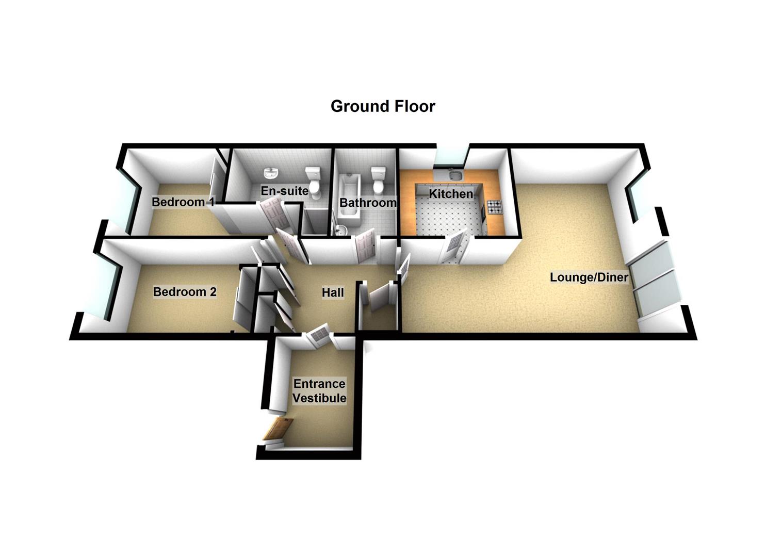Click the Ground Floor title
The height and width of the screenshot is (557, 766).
[x=383, y=106]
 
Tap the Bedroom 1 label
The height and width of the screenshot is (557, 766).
[x=183, y=202]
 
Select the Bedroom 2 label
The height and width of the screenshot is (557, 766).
[x=185, y=292]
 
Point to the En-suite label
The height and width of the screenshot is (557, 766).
[x=285, y=190]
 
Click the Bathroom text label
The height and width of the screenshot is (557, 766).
[x=368, y=202]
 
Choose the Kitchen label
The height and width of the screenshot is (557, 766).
[x=451, y=194]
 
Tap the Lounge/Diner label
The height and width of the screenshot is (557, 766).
[x=589, y=277]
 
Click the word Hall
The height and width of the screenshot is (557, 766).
[x=333, y=292]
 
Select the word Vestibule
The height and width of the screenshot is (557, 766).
[x=319, y=398]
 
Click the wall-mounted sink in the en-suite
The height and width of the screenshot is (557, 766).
[x=272, y=173]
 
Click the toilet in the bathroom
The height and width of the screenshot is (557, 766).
[x=378, y=180]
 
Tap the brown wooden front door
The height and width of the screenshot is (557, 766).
[x=278, y=429]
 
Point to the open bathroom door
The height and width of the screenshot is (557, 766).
[x=365, y=246]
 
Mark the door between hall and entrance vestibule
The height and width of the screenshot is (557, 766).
[x=320, y=333]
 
